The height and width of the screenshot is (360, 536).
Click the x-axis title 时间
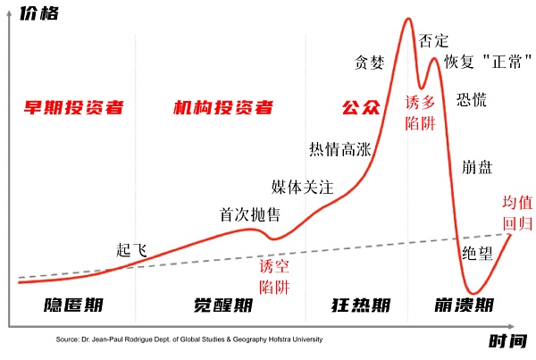coord(508,341)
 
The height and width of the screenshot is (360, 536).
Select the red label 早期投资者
coord(73,109)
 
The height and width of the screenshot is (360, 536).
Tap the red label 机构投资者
coord(222,109)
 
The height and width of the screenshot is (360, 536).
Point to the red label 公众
coord(361,109)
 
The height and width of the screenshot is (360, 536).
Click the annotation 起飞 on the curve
coord(131,249)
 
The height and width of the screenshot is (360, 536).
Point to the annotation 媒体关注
coord(302,188)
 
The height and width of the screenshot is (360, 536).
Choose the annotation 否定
coord(433,40)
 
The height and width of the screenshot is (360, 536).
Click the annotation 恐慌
coord(472,99)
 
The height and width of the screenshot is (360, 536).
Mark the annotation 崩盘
coord(478,166)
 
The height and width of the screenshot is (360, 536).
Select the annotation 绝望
coord(477,253)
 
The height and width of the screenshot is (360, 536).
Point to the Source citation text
coord(188,339)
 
